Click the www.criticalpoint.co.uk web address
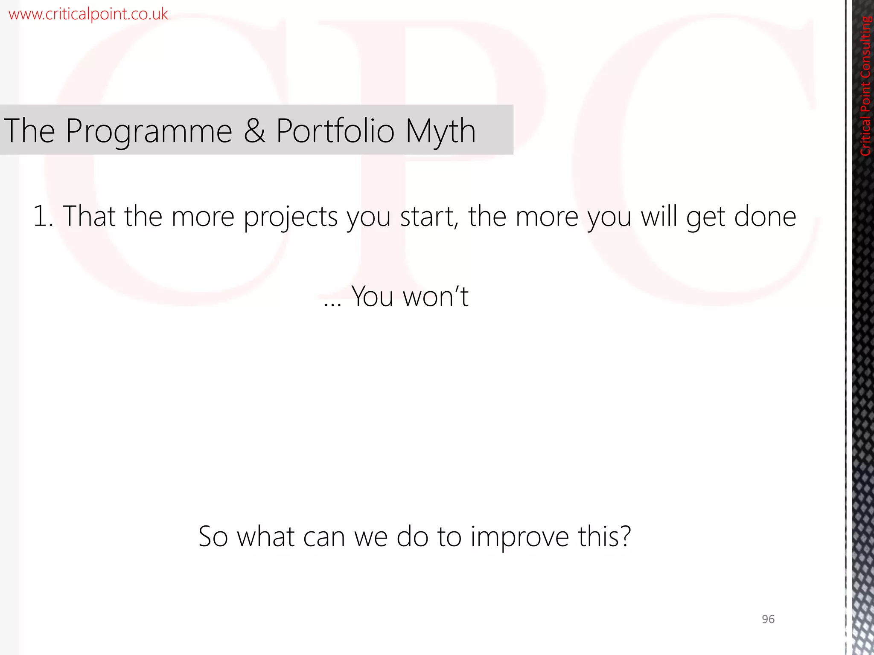88,14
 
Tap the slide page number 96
768,619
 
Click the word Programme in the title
149,131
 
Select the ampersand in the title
254,130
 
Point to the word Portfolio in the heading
335,130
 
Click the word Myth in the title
440,131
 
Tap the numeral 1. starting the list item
43,216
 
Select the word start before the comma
428,217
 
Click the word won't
436,296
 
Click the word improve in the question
520,537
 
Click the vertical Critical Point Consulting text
865,86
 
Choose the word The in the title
29,130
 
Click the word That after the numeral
89,216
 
